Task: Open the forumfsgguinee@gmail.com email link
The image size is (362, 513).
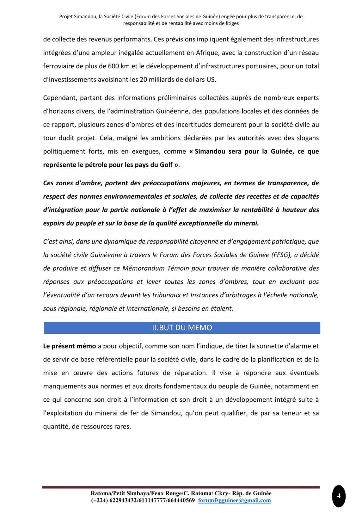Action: [234, 500]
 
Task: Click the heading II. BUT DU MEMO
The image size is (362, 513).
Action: [181, 328]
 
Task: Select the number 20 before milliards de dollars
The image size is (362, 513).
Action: [143, 80]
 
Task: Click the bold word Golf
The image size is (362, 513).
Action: [165, 165]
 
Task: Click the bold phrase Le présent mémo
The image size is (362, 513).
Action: [69, 346]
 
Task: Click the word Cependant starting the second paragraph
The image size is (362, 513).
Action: [59, 98]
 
